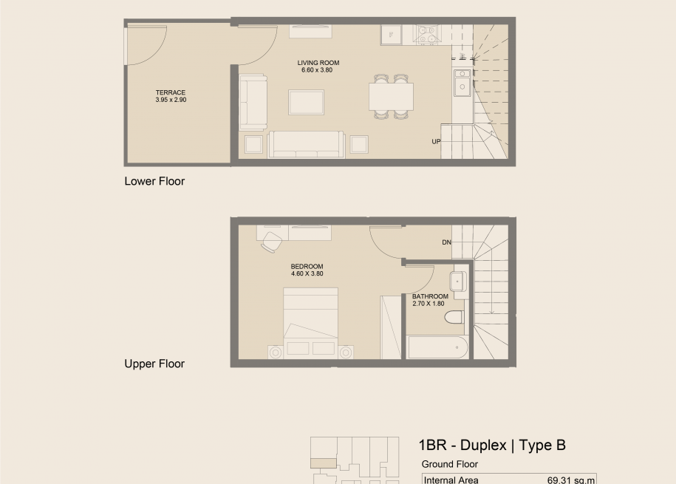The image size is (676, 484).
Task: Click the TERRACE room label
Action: [x=171, y=92]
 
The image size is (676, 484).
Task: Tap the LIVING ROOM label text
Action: [x=318, y=63]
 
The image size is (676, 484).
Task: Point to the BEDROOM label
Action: [x=307, y=267]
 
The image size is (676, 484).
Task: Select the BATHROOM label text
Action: [x=430, y=296]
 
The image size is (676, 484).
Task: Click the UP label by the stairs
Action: [x=437, y=141]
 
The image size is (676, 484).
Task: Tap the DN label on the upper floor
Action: [x=447, y=242]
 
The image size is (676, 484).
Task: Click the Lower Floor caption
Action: [x=154, y=181]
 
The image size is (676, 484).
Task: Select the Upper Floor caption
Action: [x=154, y=364]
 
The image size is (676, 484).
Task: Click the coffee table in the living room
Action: [x=306, y=102]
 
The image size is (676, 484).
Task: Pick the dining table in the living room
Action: [x=391, y=97]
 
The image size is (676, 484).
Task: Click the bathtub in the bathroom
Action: [x=437, y=348]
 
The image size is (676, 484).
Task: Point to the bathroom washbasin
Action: [x=458, y=282]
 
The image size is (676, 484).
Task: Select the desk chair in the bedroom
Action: [x=271, y=242]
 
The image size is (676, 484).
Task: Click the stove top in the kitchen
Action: [x=427, y=35]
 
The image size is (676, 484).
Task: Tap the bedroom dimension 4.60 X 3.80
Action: [x=307, y=273]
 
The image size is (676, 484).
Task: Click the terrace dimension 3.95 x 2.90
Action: [x=171, y=100]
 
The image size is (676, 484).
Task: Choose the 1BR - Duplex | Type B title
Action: [x=492, y=445]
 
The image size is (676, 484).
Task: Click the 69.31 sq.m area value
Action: [x=571, y=480]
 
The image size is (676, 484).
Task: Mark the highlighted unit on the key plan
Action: [x=324, y=463]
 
